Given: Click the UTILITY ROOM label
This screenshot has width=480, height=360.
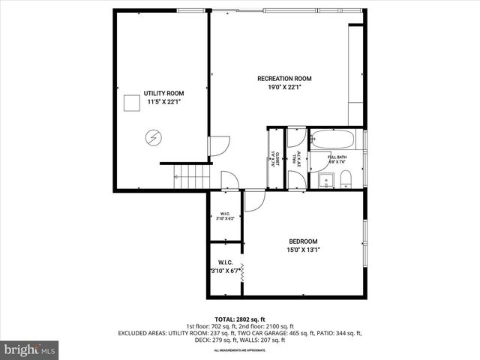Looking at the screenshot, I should tap(163, 94).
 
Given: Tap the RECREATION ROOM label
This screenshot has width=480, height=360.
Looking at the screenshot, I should tap(284, 79).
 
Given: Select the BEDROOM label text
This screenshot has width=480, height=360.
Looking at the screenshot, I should tap(303, 241).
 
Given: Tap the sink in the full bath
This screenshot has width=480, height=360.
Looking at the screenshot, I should tap(326, 179).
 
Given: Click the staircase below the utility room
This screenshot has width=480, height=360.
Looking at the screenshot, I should tap(193, 177).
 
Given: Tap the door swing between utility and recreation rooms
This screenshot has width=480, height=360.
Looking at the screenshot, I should tap(217, 145).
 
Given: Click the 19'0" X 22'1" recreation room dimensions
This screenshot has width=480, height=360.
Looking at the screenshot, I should tap(284, 88).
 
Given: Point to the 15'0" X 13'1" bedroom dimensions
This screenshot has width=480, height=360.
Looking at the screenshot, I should tap(303, 250).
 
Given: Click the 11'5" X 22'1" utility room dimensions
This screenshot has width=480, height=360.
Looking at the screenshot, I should tap(163, 102).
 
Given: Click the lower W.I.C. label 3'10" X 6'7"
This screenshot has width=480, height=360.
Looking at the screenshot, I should tap(224, 267).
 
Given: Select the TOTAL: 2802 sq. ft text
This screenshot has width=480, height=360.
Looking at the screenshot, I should tap(240, 319).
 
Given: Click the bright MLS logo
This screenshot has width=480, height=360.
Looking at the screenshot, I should tap(30, 349).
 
